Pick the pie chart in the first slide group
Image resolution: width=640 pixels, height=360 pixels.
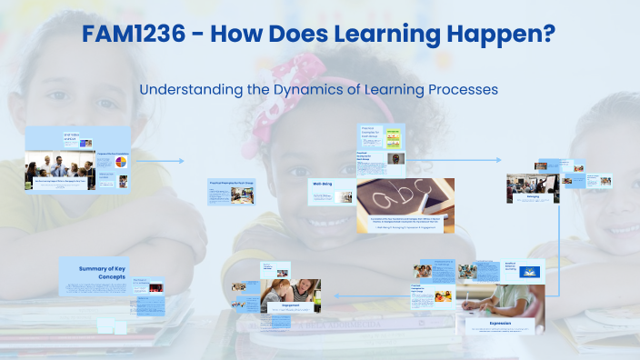pyautogui.click(x=119, y=160)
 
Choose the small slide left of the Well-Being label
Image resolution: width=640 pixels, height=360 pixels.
pyautogui.click(x=235, y=193)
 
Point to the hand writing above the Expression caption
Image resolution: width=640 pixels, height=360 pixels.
pyautogui.click(x=498, y=299)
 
